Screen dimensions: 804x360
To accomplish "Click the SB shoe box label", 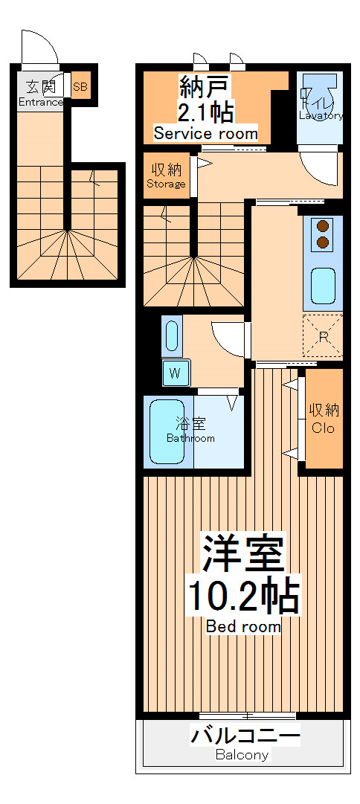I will tap(80, 87).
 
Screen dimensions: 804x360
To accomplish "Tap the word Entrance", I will tap(41, 103).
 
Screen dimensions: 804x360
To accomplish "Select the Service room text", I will tap(205, 134).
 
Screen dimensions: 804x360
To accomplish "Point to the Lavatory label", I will tap(321, 115).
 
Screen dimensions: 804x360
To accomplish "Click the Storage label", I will tap(166, 184).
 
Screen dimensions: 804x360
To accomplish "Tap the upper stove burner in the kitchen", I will tap(323, 227).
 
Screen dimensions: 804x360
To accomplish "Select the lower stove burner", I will tap(323, 242).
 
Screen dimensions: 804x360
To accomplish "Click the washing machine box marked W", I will tap(176, 373).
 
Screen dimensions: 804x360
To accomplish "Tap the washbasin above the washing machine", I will tap(172, 337).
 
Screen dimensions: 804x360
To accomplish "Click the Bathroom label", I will tap(190, 438).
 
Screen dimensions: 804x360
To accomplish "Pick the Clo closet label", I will tap(323, 428).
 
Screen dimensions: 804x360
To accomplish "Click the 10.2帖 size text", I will tap(242, 596).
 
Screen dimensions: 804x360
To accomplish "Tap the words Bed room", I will tap(243, 627).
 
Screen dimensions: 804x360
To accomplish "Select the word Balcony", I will tap(242, 755).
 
